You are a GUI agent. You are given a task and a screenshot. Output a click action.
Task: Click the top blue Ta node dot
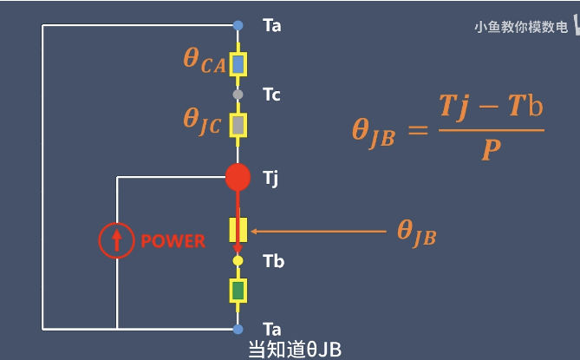click(x=238, y=26)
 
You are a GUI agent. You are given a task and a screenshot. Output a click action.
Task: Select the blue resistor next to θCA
click(x=238, y=64)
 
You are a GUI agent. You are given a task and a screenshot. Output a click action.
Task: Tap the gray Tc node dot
click(x=238, y=94)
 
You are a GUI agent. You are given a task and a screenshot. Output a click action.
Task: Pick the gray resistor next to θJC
click(x=238, y=126)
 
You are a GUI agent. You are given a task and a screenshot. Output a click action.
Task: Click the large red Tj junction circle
click(x=238, y=177)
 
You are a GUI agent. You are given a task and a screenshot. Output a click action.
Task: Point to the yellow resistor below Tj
click(x=238, y=229)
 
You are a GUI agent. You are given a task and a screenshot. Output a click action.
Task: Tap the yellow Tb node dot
click(x=238, y=260)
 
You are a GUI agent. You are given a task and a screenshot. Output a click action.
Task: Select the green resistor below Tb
click(x=238, y=291)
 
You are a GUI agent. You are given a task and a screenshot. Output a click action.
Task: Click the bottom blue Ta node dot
click(x=238, y=329)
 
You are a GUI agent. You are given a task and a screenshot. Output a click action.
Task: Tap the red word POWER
click(x=173, y=241)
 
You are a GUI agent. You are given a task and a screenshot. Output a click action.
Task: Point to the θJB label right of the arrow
click(x=416, y=232)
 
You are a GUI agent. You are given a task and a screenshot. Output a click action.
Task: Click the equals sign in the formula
click(x=418, y=131)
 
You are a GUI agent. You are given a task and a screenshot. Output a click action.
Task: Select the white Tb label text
click(x=273, y=261)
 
